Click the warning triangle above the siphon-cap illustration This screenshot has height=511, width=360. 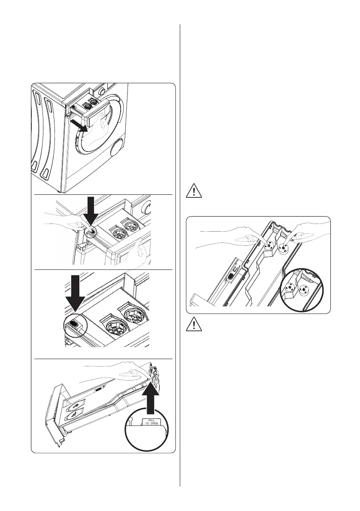pos(194,191)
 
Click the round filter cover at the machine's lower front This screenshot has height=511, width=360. pos(116,150)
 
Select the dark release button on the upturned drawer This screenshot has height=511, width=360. pos(99,389)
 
